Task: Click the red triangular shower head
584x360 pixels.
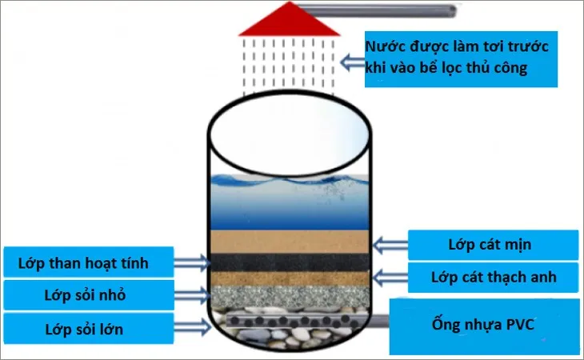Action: (x=274, y=19)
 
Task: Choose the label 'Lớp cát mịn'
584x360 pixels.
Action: (x=492, y=245)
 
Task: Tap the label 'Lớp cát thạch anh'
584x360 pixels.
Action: (x=492, y=278)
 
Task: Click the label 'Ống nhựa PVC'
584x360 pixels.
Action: (x=484, y=326)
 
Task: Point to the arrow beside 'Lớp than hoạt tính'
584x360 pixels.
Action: (x=193, y=261)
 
